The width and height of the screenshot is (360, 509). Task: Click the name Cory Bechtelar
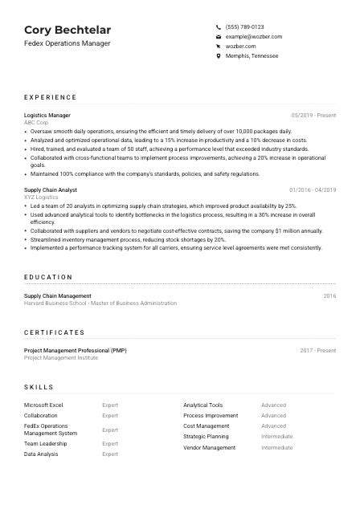point(67,30)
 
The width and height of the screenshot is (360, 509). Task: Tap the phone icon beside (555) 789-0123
point(219,26)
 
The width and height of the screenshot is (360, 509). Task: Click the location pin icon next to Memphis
point(219,56)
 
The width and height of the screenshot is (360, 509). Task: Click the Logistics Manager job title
point(47,115)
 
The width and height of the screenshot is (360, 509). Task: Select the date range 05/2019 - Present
point(313,115)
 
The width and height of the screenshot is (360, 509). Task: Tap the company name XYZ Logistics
point(42,196)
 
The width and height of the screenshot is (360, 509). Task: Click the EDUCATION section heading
point(48,277)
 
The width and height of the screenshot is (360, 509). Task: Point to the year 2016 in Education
point(329,296)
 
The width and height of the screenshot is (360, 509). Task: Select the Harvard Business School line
point(100,303)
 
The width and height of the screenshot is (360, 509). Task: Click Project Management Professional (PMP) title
point(75,351)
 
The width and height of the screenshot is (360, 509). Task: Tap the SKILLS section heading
point(40,386)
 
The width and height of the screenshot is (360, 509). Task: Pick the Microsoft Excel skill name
point(43,405)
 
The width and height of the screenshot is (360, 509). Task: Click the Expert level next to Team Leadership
point(110,444)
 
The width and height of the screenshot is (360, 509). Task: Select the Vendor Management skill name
point(209,447)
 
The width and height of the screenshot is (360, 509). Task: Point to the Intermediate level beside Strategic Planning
point(276,437)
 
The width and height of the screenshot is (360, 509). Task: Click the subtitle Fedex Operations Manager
point(67,43)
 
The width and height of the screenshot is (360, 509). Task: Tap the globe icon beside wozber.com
point(219,47)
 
